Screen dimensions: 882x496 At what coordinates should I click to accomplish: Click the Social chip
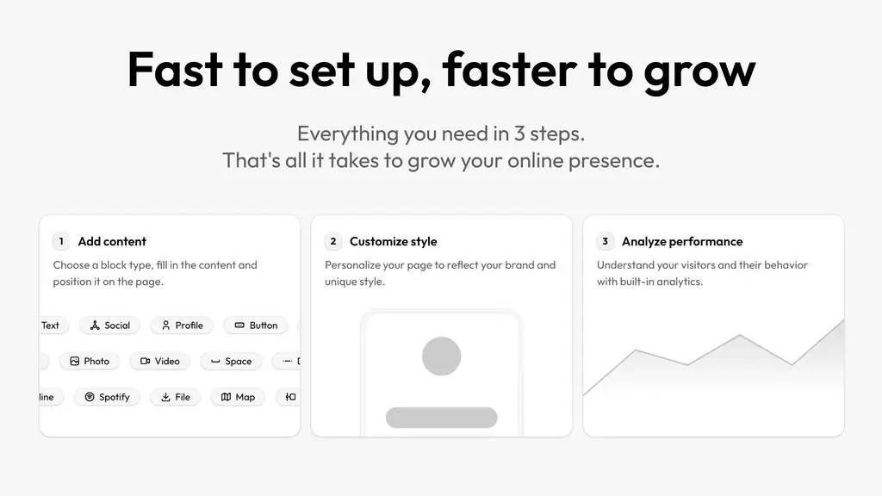click(109, 325)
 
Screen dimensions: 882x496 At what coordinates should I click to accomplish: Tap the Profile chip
click(182, 325)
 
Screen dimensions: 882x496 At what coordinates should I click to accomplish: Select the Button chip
click(256, 325)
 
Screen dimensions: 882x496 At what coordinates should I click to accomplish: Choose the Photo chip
click(90, 361)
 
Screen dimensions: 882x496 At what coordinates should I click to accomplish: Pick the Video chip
click(159, 361)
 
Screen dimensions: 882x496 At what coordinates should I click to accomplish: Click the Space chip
click(231, 361)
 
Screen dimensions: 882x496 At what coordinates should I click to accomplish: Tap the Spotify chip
click(107, 397)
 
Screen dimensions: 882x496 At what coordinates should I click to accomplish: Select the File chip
click(176, 397)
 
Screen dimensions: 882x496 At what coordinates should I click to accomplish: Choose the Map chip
click(238, 397)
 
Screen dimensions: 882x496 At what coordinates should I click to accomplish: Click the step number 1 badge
click(61, 241)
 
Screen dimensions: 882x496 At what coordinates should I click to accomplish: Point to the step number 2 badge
click(333, 241)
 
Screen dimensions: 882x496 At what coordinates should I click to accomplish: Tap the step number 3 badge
click(606, 241)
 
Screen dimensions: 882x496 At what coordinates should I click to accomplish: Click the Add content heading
click(112, 241)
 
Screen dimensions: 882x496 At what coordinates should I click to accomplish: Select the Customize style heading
click(393, 241)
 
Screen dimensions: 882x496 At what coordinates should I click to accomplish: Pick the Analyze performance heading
click(682, 241)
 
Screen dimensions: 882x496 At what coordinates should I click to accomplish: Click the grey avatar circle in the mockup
click(442, 356)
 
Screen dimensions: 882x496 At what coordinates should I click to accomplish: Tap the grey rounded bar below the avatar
click(442, 418)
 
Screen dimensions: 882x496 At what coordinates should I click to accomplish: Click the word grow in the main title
click(699, 71)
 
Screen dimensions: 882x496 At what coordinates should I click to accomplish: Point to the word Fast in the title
click(175, 69)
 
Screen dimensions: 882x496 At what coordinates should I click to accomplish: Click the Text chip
click(54, 325)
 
